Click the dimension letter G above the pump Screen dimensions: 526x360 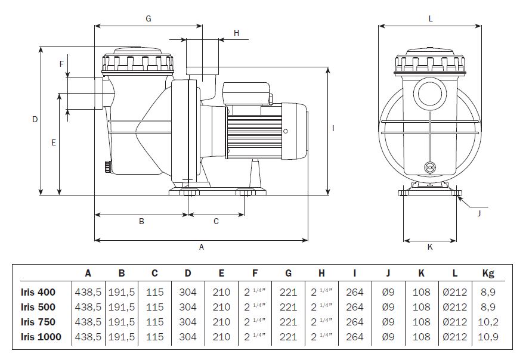point(148,18)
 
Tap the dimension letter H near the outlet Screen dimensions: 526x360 point(237,33)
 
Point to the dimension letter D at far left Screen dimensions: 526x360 point(35,119)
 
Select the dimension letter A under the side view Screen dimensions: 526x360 point(202,247)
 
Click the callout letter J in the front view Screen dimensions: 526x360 point(479,213)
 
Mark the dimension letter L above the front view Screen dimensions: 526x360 point(431,18)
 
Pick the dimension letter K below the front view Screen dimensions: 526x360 point(430,247)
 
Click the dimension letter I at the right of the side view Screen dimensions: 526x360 point(333,128)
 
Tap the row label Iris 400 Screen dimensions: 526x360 point(38,292)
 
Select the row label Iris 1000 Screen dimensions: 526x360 point(41,337)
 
